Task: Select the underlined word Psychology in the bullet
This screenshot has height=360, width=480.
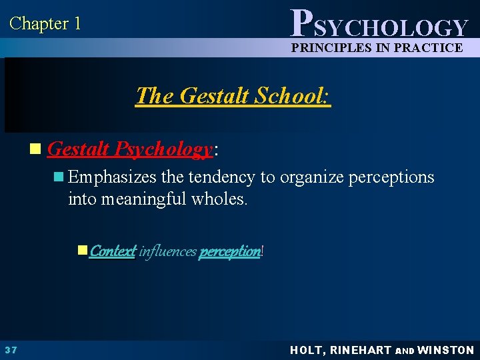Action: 165,149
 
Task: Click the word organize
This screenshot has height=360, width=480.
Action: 311,177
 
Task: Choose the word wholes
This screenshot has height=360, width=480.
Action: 220,198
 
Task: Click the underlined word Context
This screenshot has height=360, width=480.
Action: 113,251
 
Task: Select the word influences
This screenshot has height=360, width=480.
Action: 167,251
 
